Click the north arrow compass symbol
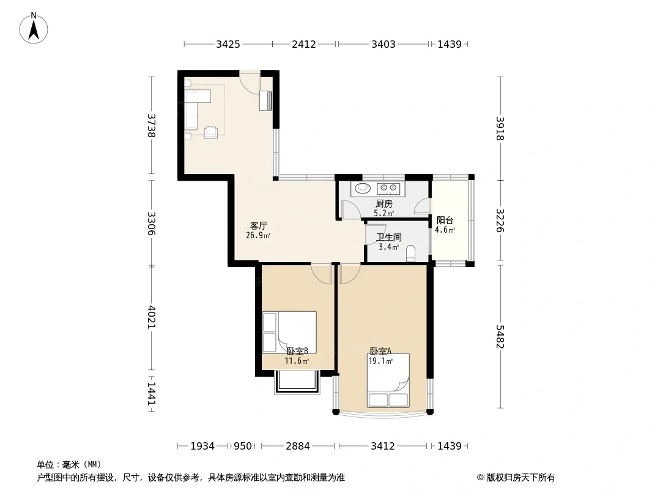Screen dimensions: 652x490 tap(34, 28)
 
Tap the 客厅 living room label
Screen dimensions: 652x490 tap(258, 226)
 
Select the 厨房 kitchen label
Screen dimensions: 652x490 tap(383, 204)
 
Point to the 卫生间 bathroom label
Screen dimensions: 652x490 tap(389, 237)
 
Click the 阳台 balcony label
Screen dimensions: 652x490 tap(445, 221)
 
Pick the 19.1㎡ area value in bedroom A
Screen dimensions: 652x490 tap(380, 361)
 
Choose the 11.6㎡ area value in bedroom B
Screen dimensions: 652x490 tap(297, 361)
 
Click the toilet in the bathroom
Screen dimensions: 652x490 tap(411, 254)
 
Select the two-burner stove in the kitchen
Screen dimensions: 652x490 tap(389, 189)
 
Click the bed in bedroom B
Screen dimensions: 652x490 tap(289, 332)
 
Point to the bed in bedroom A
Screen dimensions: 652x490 tap(388, 380)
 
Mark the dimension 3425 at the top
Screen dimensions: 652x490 tap(228, 44)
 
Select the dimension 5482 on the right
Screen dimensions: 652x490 tap(500, 337)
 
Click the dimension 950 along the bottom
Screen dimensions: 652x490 tap(243, 447)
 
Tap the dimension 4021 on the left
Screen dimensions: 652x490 tap(151, 317)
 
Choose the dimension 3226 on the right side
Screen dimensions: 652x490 tap(500, 221)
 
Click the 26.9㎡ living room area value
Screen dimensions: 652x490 tap(258, 236)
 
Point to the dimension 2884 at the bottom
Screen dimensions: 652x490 tap(298, 447)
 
